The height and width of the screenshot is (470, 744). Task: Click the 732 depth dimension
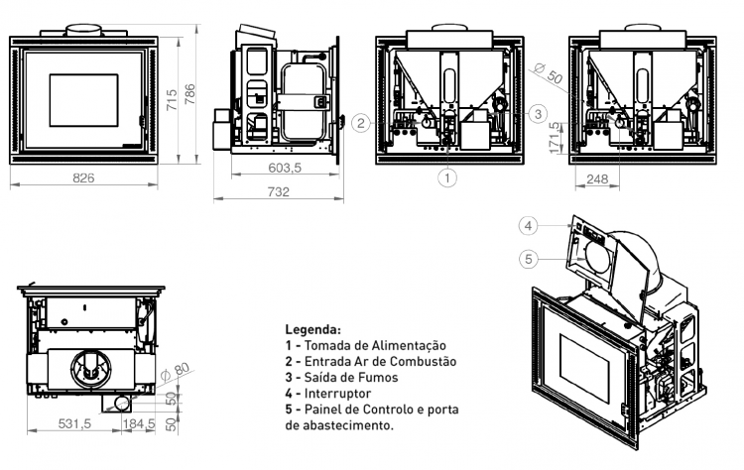278,191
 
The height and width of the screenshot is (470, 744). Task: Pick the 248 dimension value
596,179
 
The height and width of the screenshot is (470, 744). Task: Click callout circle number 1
448,178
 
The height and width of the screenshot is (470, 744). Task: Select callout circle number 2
362,123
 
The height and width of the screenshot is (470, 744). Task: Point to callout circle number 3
538,114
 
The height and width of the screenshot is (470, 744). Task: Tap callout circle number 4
529,225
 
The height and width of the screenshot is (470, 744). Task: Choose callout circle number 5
529,260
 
